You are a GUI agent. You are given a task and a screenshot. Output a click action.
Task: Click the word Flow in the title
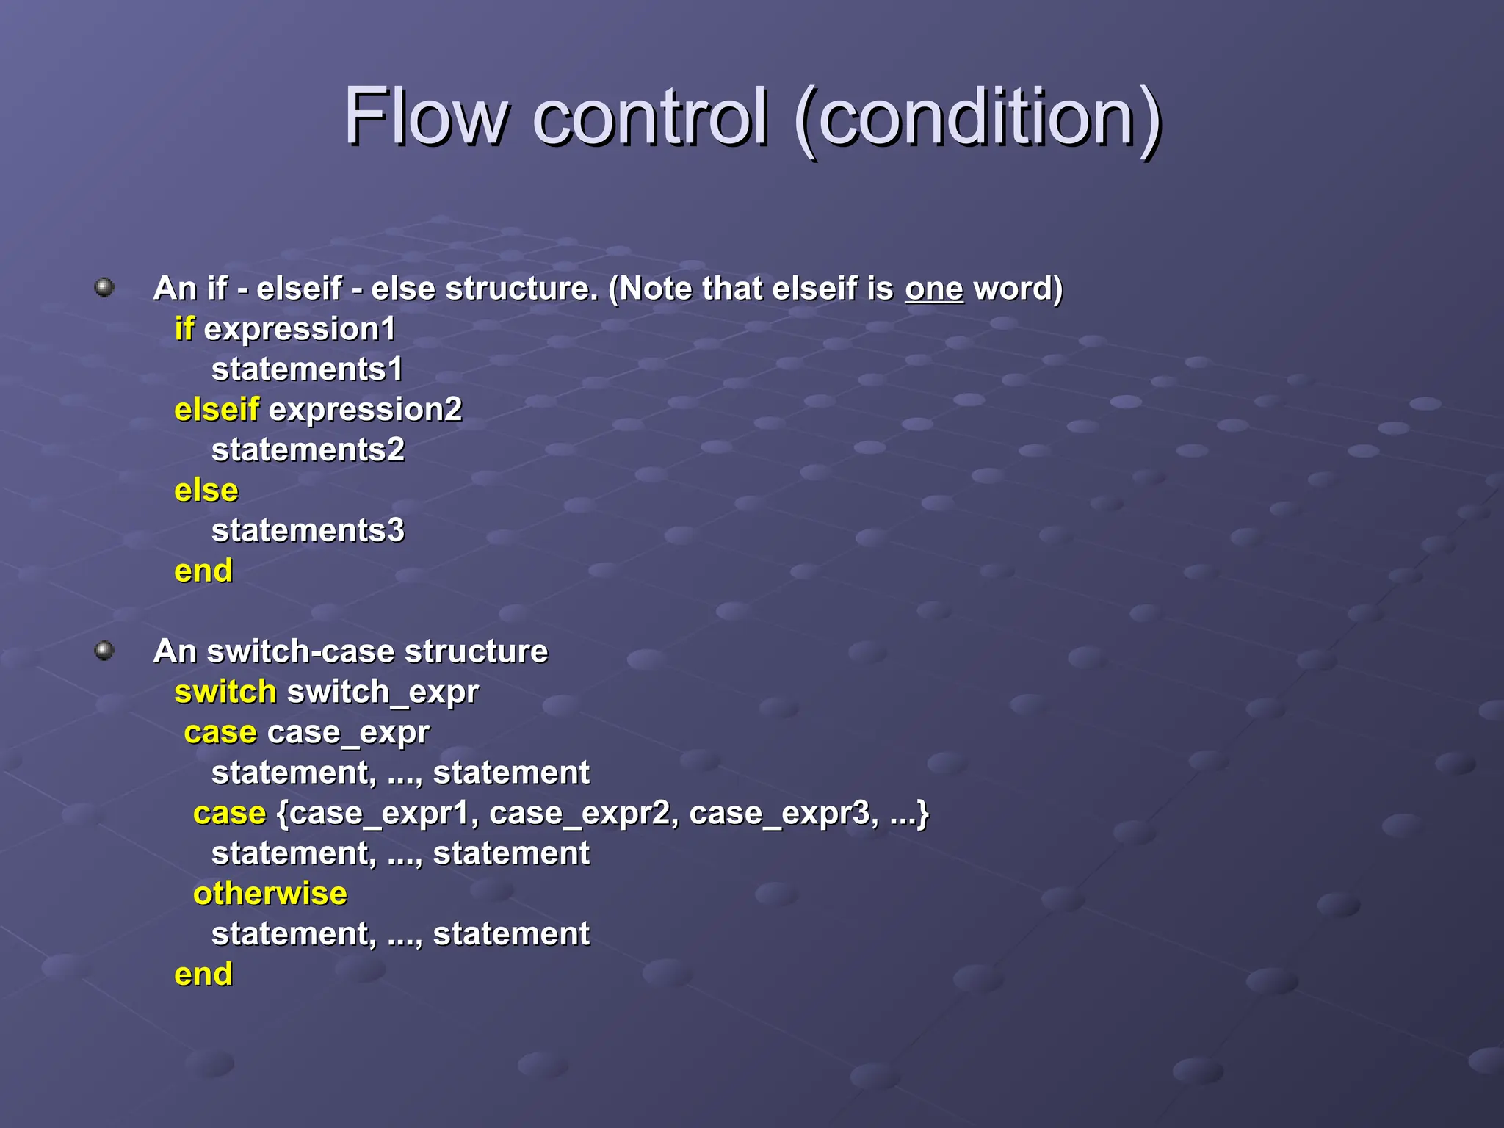point(426,117)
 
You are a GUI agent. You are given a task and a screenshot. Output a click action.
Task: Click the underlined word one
point(933,289)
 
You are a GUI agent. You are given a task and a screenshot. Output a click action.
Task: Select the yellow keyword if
point(184,329)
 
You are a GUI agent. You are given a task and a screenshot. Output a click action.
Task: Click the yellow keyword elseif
point(217,410)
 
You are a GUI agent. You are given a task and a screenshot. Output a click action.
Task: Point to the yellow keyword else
point(206,491)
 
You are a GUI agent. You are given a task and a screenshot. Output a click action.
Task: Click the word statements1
point(307,369)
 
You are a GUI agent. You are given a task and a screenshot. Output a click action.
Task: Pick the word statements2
point(308,450)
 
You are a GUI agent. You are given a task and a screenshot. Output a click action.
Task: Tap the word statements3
point(308,531)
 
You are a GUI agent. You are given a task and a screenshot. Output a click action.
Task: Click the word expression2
point(365,410)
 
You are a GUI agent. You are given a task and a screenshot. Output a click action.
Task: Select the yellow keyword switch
point(225,692)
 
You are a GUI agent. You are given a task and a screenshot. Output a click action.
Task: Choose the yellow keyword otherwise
point(270,894)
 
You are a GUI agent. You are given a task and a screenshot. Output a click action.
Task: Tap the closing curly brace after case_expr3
point(923,814)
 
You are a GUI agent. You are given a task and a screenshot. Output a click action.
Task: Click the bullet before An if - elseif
point(105,287)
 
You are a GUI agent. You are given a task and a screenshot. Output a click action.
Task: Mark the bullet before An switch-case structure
point(105,650)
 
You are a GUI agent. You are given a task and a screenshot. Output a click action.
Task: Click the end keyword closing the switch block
point(203,975)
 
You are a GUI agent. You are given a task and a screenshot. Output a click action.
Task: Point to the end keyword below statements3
point(203,571)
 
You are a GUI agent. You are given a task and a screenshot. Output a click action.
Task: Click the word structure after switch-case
point(476,652)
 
